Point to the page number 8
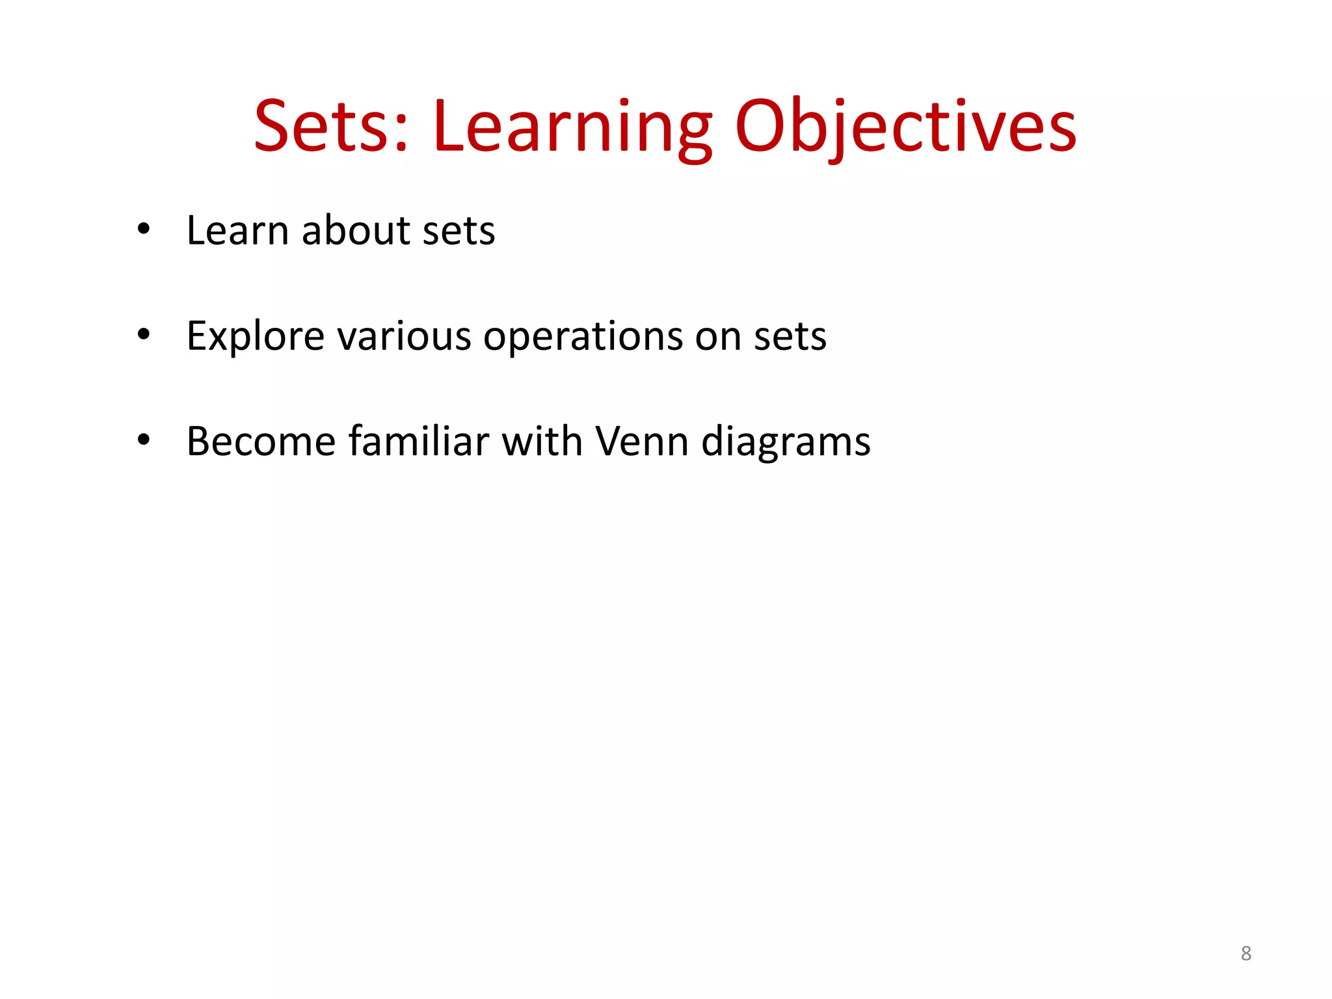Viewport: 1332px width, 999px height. [x=1245, y=953]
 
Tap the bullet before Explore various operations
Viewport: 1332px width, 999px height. [x=144, y=334]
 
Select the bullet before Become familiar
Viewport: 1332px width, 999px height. [x=144, y=440]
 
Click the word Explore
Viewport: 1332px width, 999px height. [x=255, y=336]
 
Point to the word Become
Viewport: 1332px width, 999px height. [x=260, y=441]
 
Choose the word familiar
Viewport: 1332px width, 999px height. [x=419, y=441]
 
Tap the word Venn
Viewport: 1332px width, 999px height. [x=642, y=441]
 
